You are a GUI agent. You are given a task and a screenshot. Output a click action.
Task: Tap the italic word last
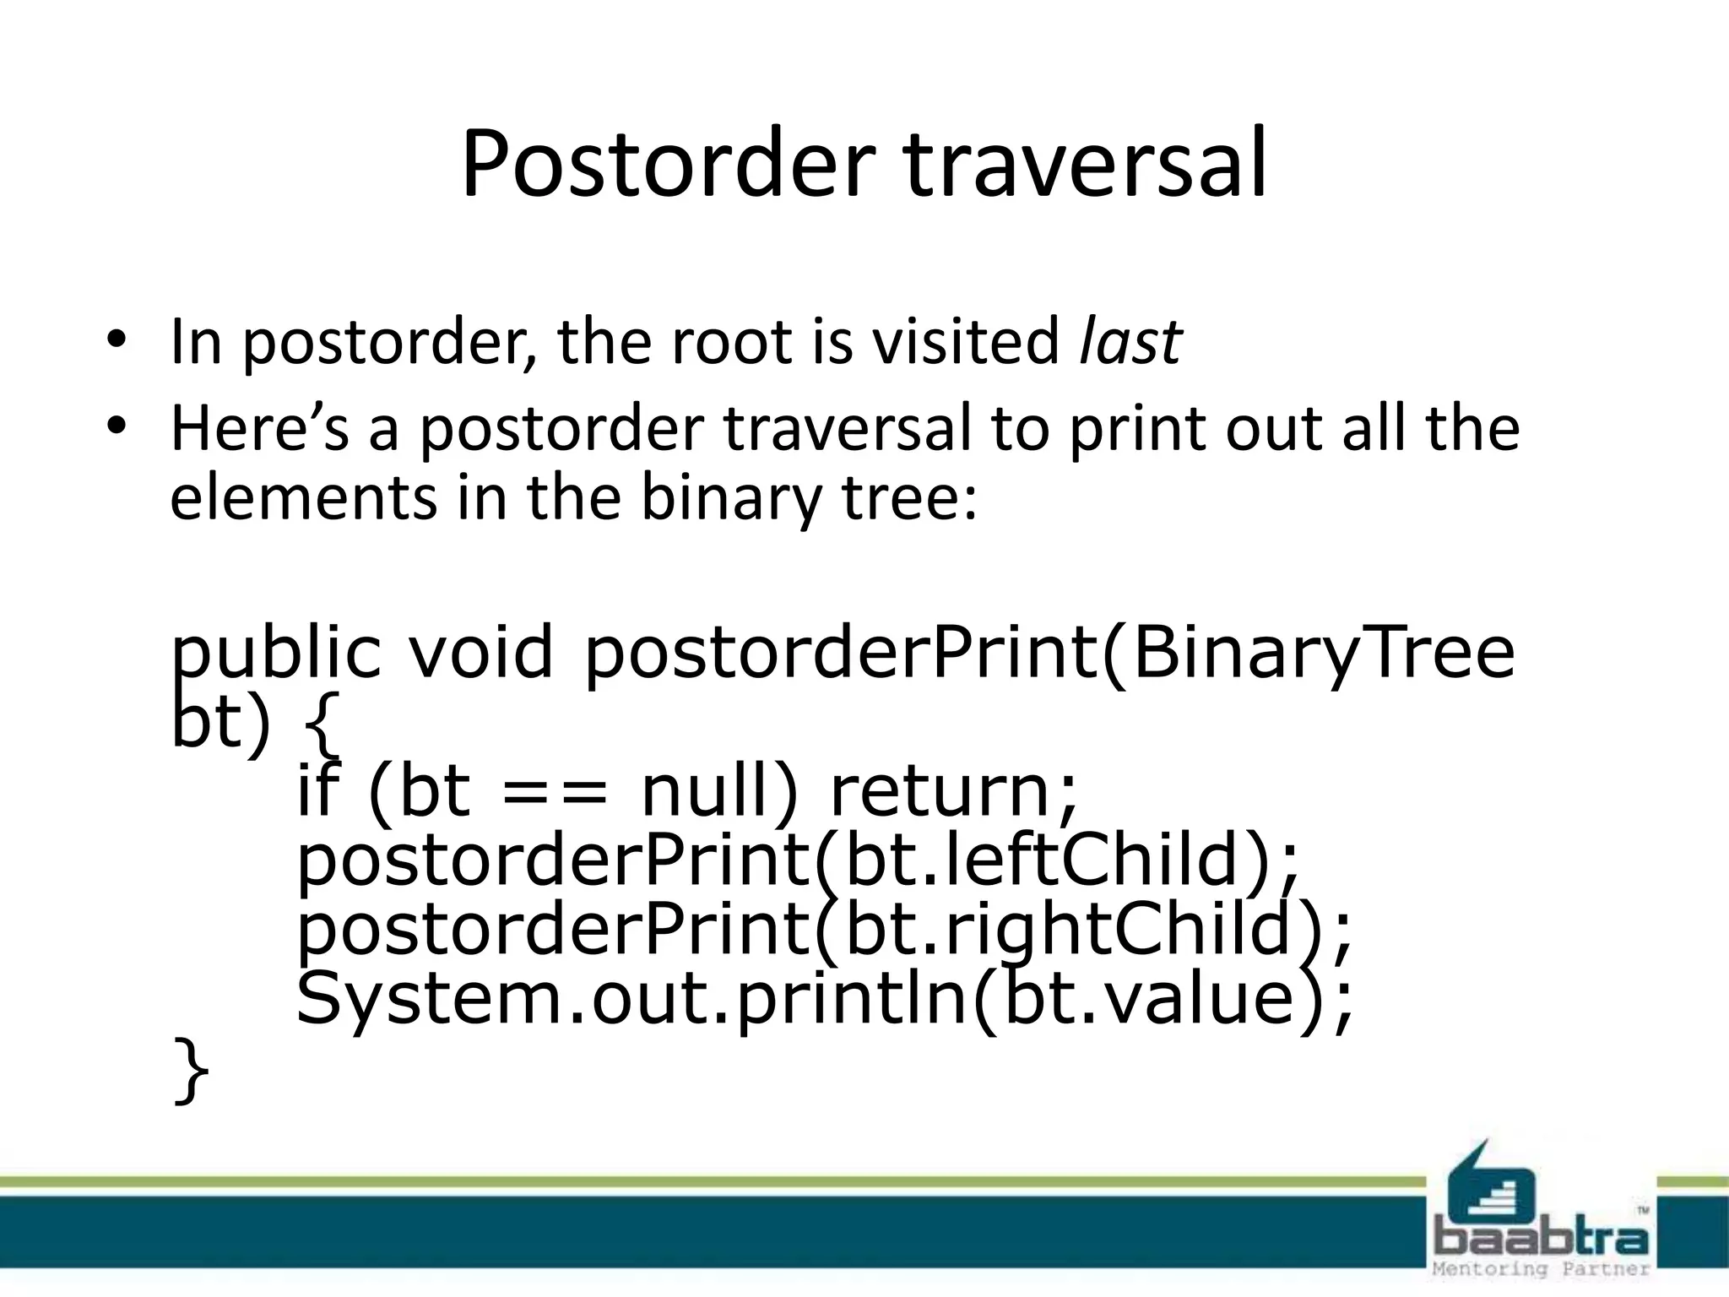click(x=1130, y=342)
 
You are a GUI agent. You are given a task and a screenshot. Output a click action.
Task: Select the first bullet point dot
click(x=116, y=341)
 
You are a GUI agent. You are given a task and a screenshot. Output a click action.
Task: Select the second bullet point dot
click(x=116, y=428)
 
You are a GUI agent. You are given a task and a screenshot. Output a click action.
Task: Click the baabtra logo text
click(x=1542, y=1239)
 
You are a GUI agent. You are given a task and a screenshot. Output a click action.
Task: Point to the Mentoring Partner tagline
click(x=1542, y=1269)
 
